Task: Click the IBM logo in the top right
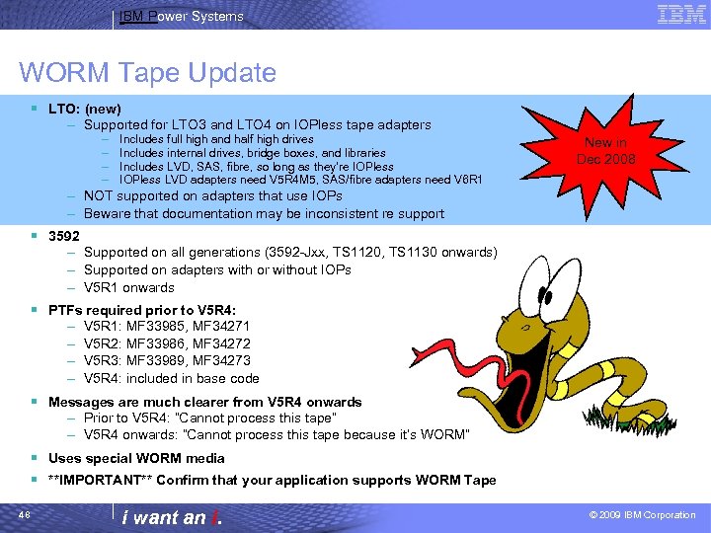[680, 15]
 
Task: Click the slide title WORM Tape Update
[147, 72]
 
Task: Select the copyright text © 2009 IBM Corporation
[642, 515]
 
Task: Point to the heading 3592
[64, 235]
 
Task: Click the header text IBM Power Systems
[181, 17]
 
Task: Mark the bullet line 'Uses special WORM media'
[136, 458]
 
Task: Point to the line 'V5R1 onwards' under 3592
[128, 288]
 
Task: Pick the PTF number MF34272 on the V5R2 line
[230, 343]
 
